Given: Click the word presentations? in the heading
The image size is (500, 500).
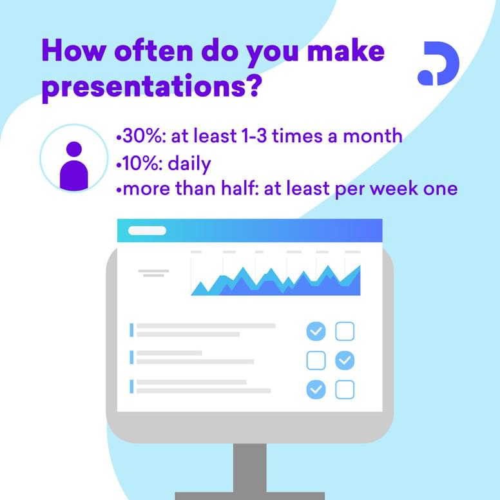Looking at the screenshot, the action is [x=152, y=87].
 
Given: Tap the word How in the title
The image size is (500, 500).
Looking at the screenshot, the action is [x=74, y=50].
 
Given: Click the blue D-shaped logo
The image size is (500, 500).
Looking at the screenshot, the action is [x=438, y=63].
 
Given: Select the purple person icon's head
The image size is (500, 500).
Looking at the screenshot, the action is [x=74, y=149].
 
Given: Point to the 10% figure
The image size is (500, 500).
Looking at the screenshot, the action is [x=140, y=163].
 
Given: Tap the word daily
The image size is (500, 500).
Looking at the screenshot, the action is [x=189, y=164].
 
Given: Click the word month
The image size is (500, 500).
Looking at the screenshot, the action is [x=372, y=136].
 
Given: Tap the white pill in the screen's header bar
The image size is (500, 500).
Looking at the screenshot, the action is [x=147, y=231].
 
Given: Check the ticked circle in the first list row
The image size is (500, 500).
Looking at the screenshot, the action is [x=316, y=331].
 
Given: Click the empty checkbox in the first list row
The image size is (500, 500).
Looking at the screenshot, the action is [x=345, y=331].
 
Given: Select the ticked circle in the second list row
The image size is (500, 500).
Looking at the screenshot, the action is [x=345, y=360].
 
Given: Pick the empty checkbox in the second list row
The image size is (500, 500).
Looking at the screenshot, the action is [x=316, y=360].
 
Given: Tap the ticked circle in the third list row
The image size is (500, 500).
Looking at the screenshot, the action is [x=316, y=389].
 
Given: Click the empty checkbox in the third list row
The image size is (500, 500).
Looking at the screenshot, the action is [x=345, y=389].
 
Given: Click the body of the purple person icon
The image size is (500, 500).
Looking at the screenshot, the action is [x=74, y=175].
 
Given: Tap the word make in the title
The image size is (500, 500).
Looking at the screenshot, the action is [x=345, y=50].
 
